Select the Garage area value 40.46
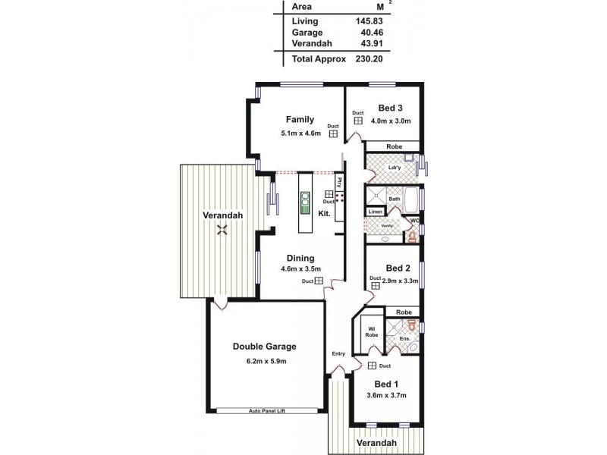(x=370, y=33)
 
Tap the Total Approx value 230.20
(x=368, y=58)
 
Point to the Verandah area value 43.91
(x=370, y=44)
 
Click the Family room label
(x=300, y=119)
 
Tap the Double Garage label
(x=264, y=347)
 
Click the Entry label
(x=338, y=354)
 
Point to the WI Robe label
(x=372, y=331)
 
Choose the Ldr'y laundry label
(x=394, y=168)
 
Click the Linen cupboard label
(x=375, y=212)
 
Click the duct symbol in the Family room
(x=332, y=134)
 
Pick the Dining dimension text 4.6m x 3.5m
(x=300, y=268)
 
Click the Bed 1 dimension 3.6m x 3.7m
(x=387, y=395)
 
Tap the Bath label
(x=394, y=199)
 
